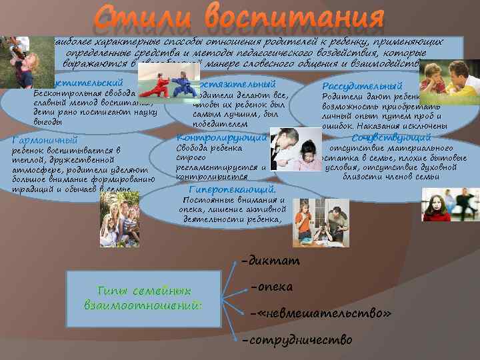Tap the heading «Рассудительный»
point(362,86)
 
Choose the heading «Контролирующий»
point(212,137)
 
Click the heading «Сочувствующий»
point(382,138)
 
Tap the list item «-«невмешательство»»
point(319,313)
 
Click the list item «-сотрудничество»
point(297,340)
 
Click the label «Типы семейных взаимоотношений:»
point(144,298)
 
